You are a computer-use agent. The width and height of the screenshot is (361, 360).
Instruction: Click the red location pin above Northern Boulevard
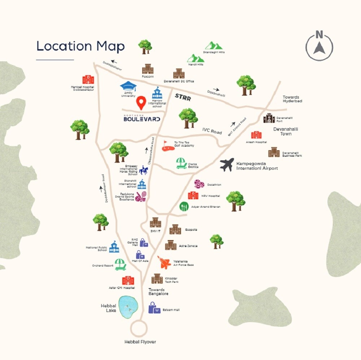(141, 103)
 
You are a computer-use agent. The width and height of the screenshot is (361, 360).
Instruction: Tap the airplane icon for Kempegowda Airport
(227, 165)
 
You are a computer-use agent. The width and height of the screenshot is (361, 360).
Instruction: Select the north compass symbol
(319, 45)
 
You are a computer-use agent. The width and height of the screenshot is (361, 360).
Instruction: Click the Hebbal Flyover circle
(139, 329)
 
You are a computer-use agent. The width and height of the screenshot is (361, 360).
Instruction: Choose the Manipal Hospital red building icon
(88, 79)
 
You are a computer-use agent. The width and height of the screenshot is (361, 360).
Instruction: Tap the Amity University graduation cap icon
(129, 86)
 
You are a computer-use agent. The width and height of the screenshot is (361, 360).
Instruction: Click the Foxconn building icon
(148, 69)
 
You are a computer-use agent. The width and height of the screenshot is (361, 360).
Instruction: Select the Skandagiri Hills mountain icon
(214, 45)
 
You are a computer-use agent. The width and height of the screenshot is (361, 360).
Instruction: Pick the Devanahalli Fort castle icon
(269, 118)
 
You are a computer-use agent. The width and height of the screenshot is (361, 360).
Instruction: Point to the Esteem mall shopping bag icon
(154, 308)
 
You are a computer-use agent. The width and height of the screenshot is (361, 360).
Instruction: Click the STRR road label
(183, 96)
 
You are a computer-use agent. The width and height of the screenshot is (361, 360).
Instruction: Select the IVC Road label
(212, 132)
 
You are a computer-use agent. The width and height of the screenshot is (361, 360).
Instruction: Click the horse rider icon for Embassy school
(143, 170)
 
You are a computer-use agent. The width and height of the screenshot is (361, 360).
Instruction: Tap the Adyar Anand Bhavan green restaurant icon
(184, 207)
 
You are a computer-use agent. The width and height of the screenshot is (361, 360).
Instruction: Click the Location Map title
(81, 46)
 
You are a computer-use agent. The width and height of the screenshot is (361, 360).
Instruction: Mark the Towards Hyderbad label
(292, 99)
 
